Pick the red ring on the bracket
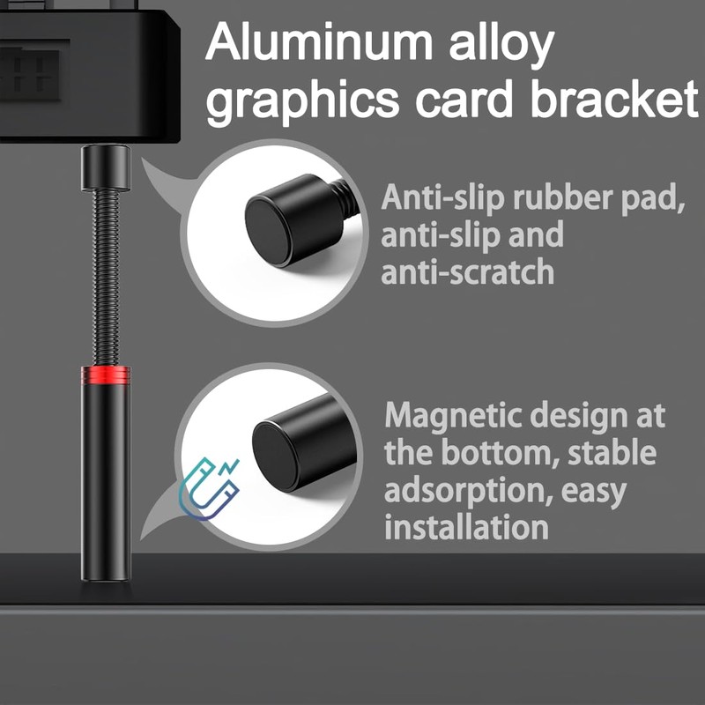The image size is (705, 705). point(106,375)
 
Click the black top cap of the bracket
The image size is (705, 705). point(106,168)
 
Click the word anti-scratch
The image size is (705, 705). point(467,271)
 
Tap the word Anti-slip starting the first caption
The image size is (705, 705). point(431,197)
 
